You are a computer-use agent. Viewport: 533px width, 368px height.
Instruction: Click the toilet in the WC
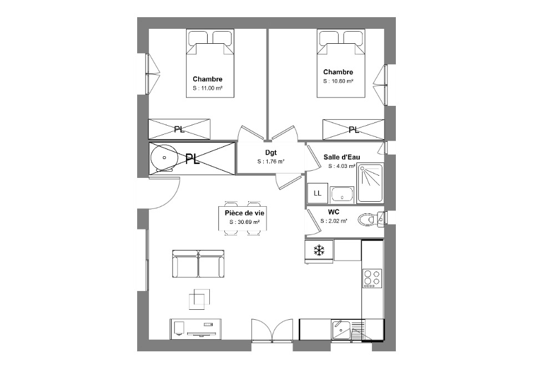click(370, 219)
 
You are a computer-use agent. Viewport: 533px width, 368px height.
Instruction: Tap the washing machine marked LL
click(318, 193)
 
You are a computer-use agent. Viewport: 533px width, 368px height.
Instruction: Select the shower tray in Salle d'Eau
click(370, 183)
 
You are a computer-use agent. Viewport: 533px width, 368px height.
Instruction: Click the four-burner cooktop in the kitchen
click(372, 278)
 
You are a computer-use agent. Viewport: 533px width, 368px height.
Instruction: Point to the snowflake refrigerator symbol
click(319, 251)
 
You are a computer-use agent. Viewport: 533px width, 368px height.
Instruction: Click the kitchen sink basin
click(341, 329)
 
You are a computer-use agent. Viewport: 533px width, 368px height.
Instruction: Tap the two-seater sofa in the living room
click(198, 264)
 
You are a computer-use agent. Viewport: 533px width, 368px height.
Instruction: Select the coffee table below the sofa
click(199, 299)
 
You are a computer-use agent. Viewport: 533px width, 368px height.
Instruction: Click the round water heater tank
click(164, 158)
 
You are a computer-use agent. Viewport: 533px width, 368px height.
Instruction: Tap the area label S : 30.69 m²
click(244, 222)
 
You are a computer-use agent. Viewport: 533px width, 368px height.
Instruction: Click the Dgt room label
click(271, 152)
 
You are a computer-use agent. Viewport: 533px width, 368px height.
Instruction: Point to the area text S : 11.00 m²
click(207, 88)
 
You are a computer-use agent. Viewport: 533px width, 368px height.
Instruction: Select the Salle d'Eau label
click(341, 157)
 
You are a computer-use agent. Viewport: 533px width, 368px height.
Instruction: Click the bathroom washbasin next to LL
click(342, 195)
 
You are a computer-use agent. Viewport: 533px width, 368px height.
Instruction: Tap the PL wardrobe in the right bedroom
click(354, 129)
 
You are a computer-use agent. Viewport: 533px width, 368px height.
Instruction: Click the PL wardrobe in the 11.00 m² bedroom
click(179, 129)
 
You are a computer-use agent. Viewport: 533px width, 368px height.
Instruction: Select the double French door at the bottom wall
click(272, 330)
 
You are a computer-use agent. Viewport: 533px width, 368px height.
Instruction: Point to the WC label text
click(334, 212)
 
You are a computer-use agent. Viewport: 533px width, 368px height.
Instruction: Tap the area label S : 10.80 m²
click(338, 81)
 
